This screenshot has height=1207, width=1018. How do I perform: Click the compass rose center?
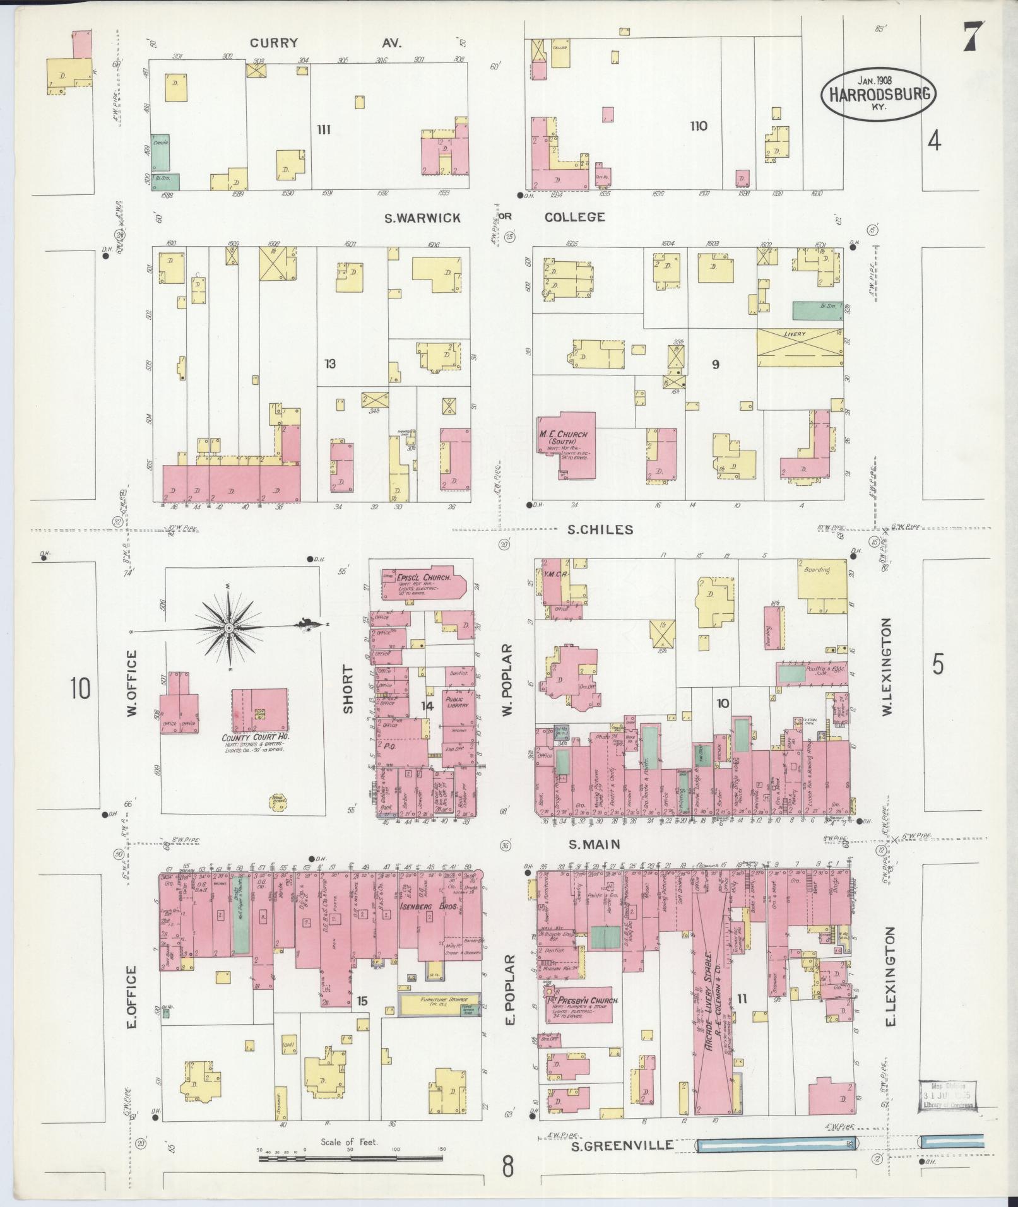pyautogui.click(x=228, y=628)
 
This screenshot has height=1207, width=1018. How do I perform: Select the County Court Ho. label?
pyautogui.click(x=255, y=737)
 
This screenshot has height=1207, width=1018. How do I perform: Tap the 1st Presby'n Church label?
pyautogui.click(x=581, y=1018)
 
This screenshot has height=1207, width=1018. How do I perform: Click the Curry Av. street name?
pyautogui.click(x=325, y=43)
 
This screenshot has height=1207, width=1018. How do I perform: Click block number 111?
pyautogui.click(x=324, y=130)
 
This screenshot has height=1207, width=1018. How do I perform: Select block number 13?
pyautogui.click(x=329, y=363)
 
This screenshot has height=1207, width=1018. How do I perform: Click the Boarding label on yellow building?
pyautogui.click(x=817, y=569)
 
